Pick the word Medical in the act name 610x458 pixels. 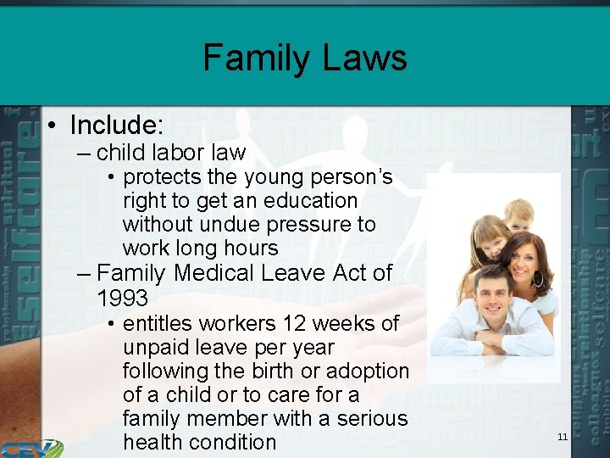[214, 273]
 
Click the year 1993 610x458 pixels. [122, 299]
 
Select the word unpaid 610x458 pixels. [151, 348]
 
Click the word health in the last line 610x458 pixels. [152, 442]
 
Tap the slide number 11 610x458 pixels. [563, 437]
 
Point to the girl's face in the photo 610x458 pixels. [491, 240]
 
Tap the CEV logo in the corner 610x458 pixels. [30, 448]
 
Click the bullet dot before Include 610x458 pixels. [53, 126]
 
